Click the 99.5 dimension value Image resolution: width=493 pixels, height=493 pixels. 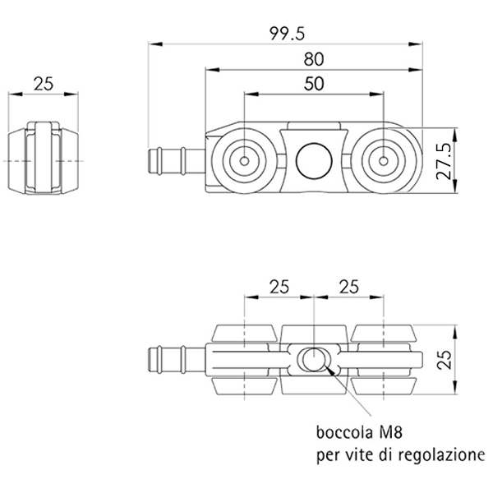(x=287, y=33)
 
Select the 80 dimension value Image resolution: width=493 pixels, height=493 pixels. (x=314, y=59)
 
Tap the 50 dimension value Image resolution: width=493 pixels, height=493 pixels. (x=314, y=84)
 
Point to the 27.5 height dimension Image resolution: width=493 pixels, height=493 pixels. (x=444, y=161)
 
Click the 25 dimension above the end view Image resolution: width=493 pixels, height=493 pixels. (x=44, y=84)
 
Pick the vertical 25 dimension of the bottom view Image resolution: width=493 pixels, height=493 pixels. (x=445, y=359)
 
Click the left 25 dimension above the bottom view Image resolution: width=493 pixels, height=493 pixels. (x=279, y=287)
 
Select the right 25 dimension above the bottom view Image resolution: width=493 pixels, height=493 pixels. (x=348, y=287)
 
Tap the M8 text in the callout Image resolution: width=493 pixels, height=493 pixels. (x=391, y=432)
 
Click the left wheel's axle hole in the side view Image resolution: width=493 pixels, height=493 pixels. (x=244, y=161)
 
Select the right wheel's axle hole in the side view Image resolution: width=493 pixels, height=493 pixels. (x=383, y=161)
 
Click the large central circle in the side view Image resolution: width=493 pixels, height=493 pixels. (x=314, y=161)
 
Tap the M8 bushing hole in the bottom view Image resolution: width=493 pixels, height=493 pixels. (x=314, y=359)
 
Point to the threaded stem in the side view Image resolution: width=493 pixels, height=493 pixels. (x=177, y=161)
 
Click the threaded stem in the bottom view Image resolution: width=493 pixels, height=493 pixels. (x=177, y=359)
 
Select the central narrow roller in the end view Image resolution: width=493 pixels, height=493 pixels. (x=44, y=157)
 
